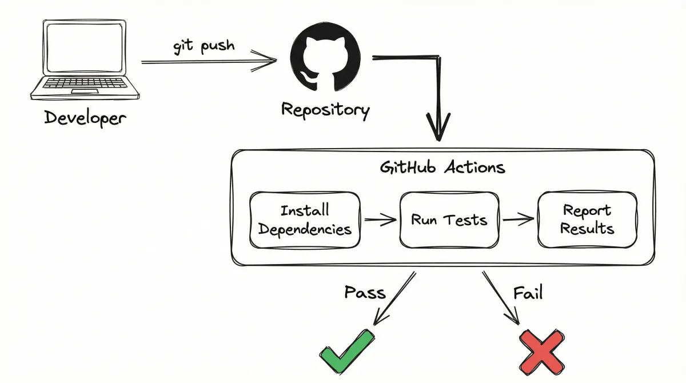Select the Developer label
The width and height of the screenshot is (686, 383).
[85, 118]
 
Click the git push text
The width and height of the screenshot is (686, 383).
[204, 46]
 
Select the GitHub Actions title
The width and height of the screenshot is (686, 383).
[442, 168]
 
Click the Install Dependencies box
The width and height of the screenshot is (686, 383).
[305, 220]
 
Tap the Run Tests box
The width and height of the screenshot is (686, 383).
[449, 220]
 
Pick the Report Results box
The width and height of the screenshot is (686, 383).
[587, 220]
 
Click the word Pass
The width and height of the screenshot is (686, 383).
[365, 293]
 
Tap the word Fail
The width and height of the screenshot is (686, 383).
[527, 293]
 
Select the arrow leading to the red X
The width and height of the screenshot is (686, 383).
[501, 297]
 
